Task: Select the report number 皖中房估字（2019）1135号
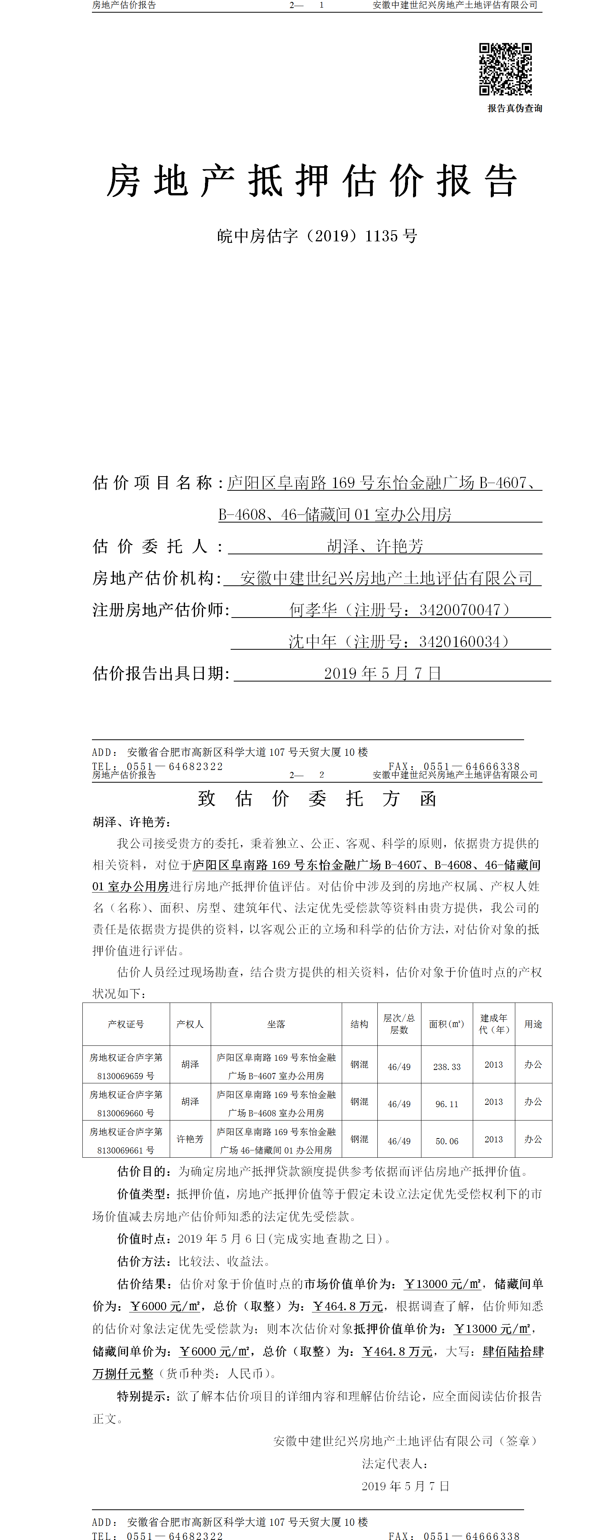click(317, 236)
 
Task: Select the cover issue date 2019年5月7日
click(383, 673)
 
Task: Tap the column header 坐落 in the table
click(276, 1024)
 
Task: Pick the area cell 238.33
click(447, 1067)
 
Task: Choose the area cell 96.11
click(447, 1104)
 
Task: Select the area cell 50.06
click(447, 1141)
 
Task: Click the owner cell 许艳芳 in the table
click(190, 1139)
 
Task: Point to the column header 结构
click(359, 1024)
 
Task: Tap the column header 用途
click(533, 1024)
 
